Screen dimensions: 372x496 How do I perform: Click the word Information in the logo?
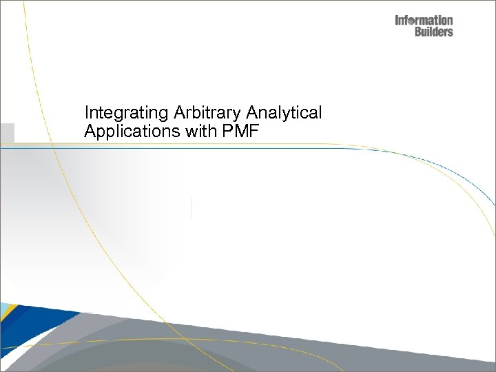(x=424, y=21)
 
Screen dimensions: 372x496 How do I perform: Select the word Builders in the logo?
(x=433, y=32)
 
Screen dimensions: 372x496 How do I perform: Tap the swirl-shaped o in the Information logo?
(x=413, y=21)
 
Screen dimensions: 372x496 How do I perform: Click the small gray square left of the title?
(x=7, y=132)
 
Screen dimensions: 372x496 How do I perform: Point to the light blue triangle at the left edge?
(x=3, y=307)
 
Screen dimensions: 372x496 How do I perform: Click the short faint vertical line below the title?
(x=192, y=208)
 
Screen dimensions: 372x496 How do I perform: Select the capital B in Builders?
(x=418, y=32)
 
